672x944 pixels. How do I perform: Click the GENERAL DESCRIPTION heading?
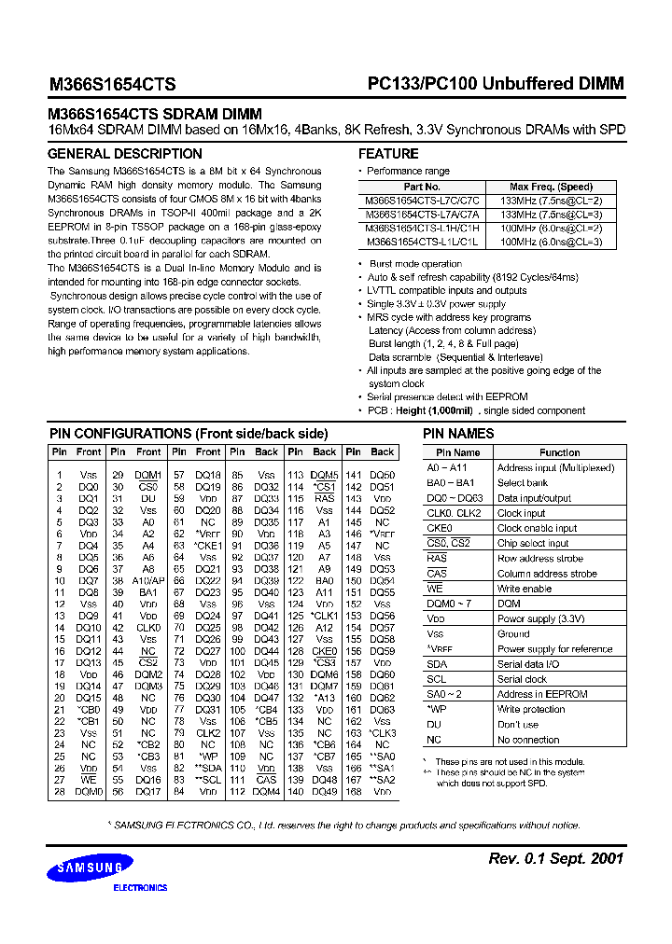(124, 154)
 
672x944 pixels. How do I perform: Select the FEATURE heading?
(388, 154)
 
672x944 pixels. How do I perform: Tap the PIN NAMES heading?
(458, 434)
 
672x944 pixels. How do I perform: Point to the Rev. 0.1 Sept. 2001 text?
(555, 858)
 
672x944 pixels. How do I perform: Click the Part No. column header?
(422, 187)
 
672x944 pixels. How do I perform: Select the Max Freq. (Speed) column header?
(551, 187)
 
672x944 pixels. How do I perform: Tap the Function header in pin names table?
(559, 452)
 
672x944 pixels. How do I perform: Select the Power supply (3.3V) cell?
(540, 618)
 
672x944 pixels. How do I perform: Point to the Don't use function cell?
(518, 725)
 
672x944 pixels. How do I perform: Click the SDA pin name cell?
(437, 664)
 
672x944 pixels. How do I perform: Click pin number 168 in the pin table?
(353, 792)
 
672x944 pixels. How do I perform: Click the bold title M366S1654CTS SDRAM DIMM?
(154, 114)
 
